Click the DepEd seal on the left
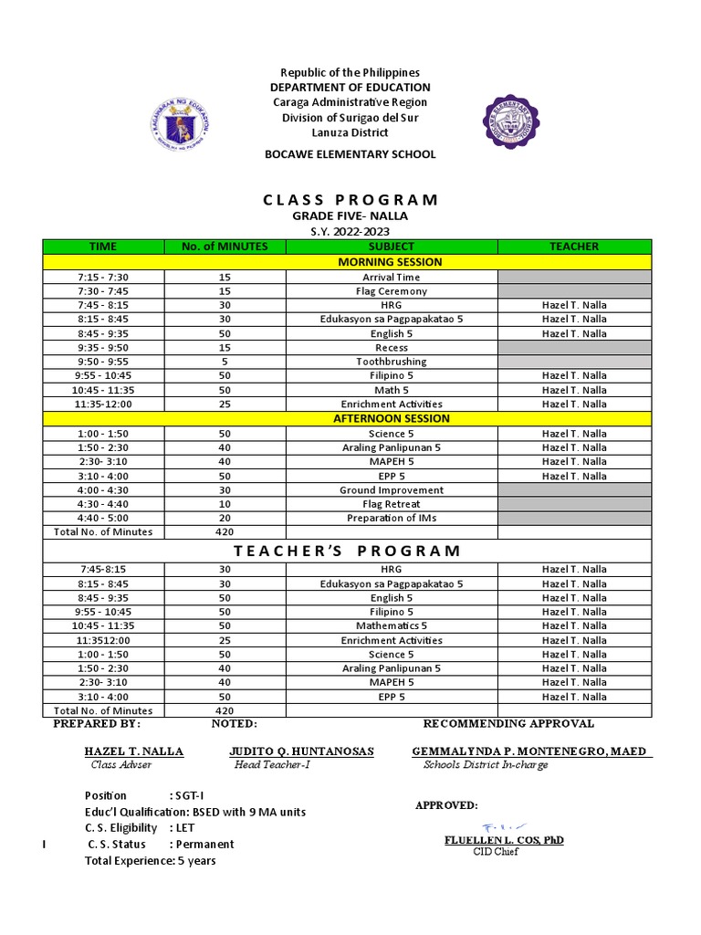pyautogui.click(x=180, y=123)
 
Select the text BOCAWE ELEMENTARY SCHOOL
pyautogui.click(x=350, y=154)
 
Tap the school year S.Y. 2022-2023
pyautogui.click(x=350, y=231)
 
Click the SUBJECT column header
pyautogui.click(x=392, y=247)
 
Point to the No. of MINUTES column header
pyautogui.click(x=225, y=247)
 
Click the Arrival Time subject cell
pyautogui.click(x=392, y=278)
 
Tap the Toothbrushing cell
pyautogui.click(x=392, y=362)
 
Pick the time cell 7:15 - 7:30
pyautogui.click(x=103, y=278)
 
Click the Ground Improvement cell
pyautogui.click(x=392, y=490)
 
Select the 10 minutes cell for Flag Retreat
pyautogui.click(x=225, y=504)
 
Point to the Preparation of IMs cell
pyautogui.click(x=392, y=518)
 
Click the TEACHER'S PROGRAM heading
pyautogui.click(x=348, y=551)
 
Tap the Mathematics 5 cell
pyautogui.click(x=392, y=625)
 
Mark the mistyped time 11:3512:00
pyautogui.click(x=103, y=640)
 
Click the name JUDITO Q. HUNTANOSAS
pyautogui.click(x=301, y=751)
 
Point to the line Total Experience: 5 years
pyautogui.click(x=151, y=860)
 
